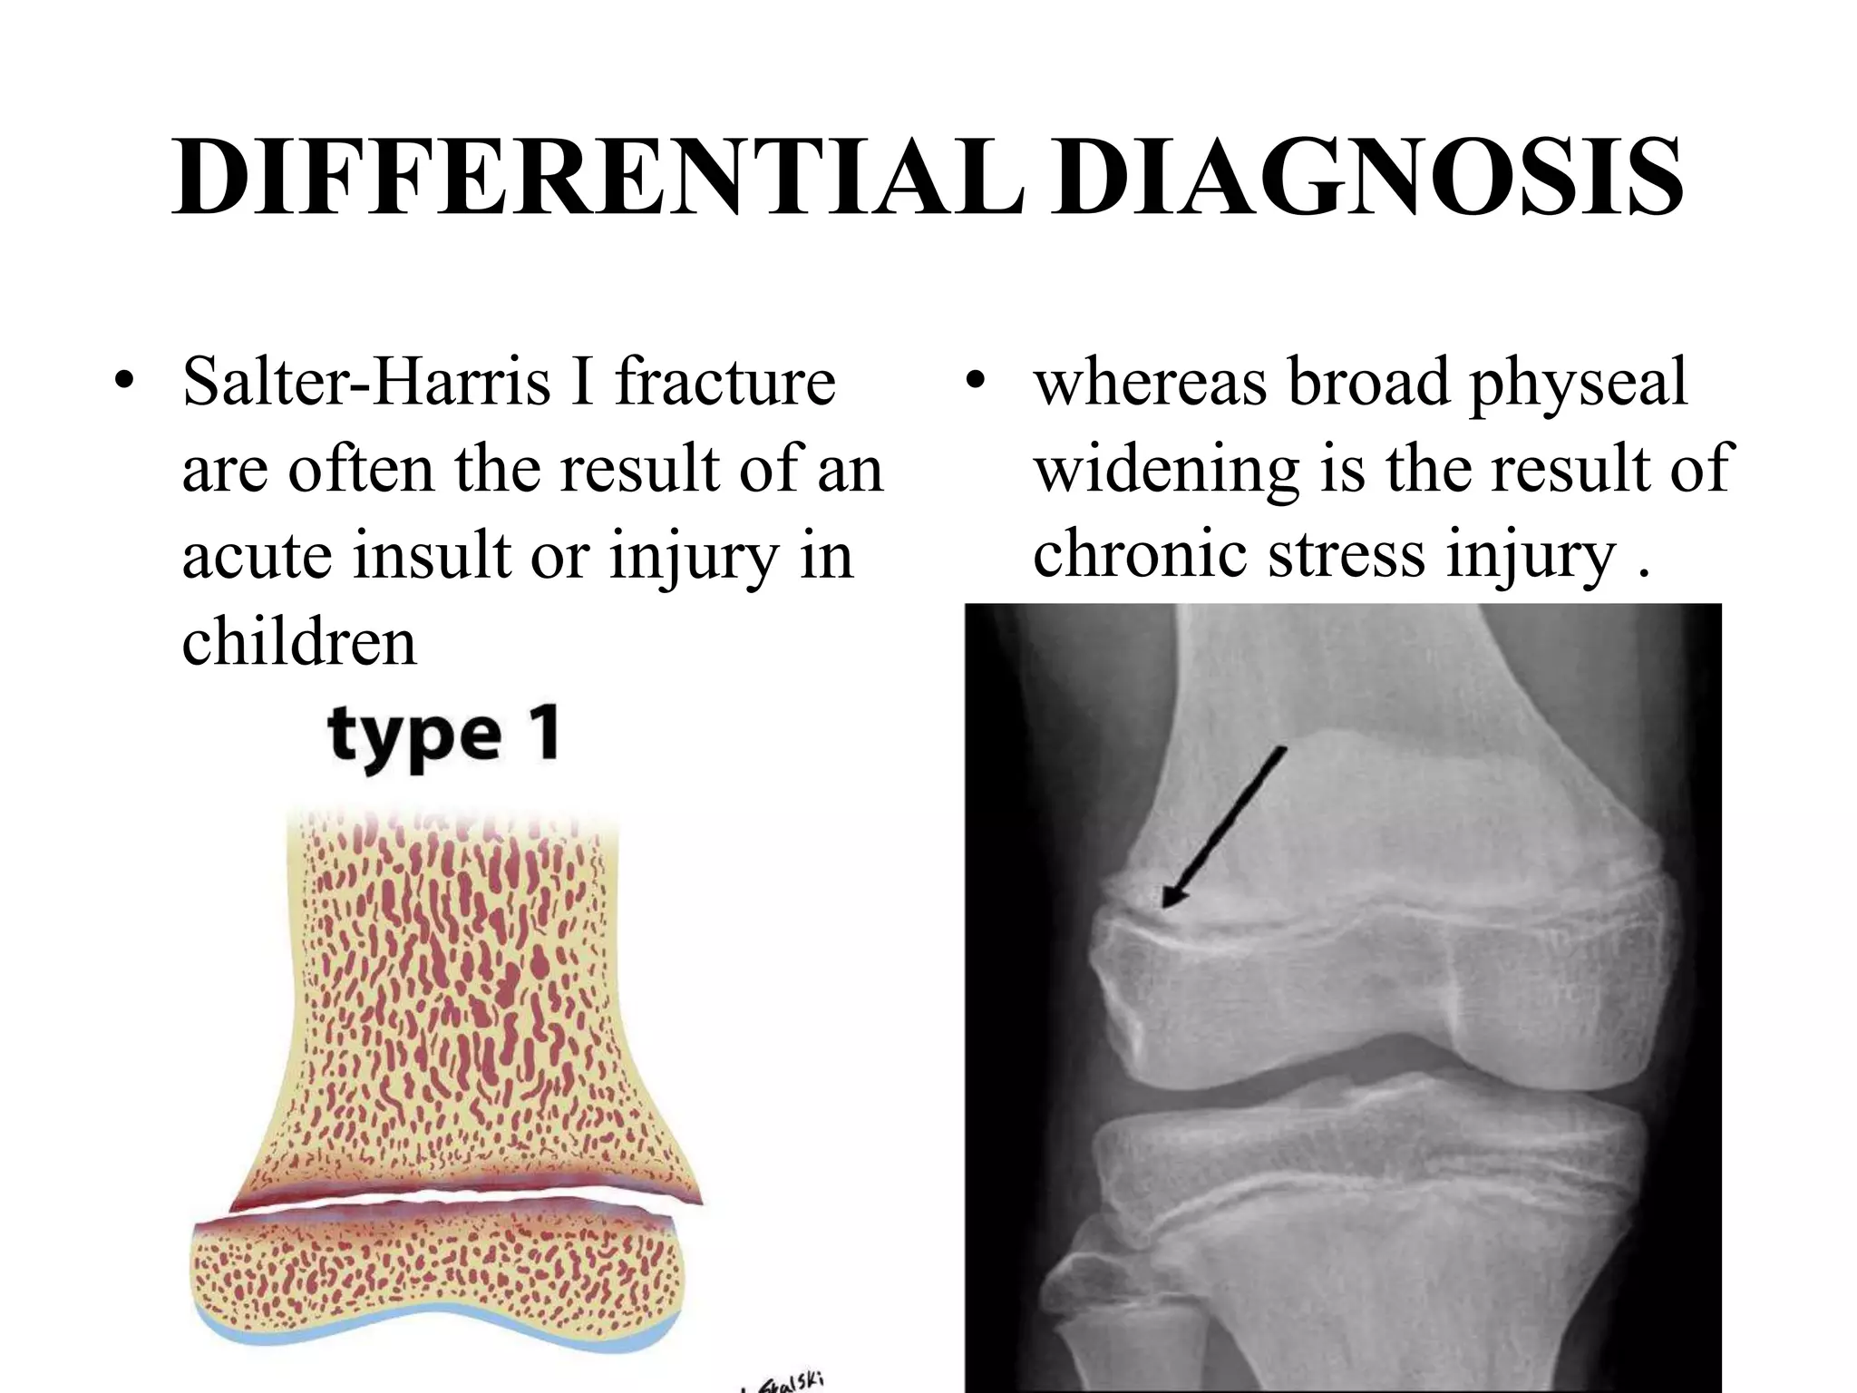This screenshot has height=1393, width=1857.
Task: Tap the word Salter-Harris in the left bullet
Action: tap(366, 382)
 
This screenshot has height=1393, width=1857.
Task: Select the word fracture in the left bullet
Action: tap(725, 382)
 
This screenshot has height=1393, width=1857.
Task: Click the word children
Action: tap(299, 642)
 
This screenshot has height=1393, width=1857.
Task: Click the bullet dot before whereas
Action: tap(974, 382)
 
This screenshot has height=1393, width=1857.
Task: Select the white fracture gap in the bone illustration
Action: tap(453, 1199)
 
